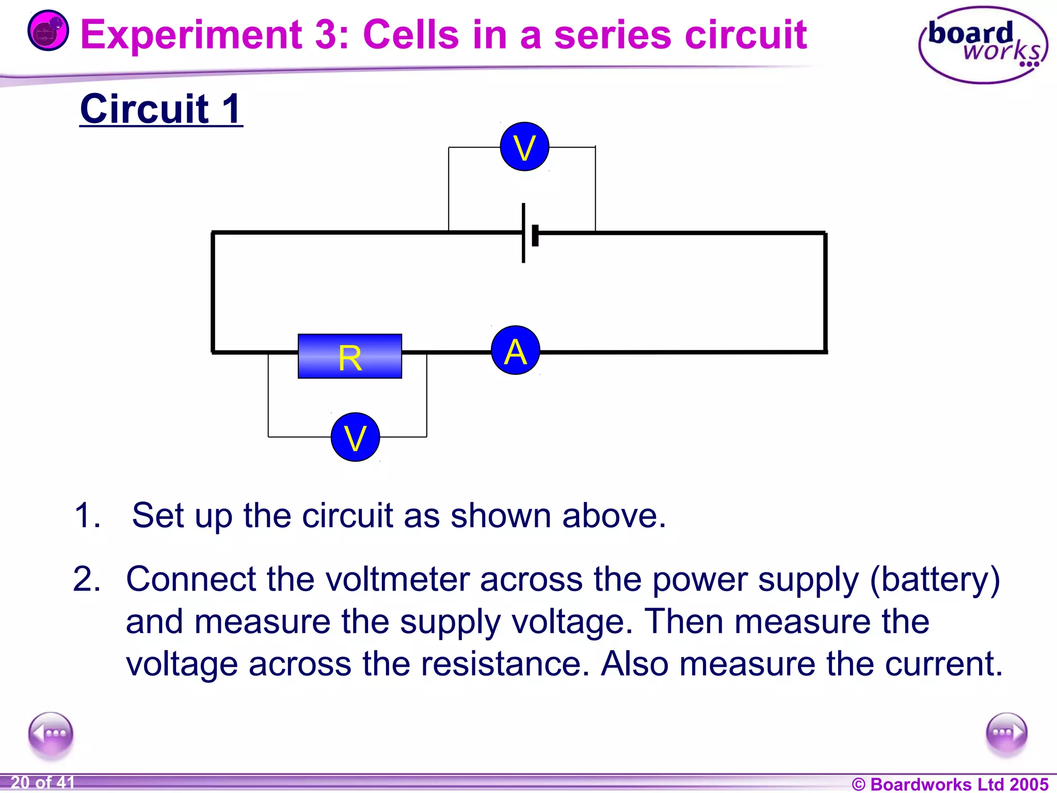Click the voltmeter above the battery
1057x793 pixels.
524,147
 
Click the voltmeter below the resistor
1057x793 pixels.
355,437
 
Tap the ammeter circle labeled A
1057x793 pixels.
516,351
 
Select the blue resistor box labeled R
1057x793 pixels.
350,356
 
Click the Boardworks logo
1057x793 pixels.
983,45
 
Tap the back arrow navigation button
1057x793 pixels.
51,734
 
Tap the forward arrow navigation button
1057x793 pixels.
1006,733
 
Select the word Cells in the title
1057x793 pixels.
411,35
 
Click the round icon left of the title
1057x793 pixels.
48,31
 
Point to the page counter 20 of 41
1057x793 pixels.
42,782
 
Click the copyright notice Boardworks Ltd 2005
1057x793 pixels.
950,784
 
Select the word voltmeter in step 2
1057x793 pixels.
397,579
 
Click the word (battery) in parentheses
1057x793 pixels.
935,580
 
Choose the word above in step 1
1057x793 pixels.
614,515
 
